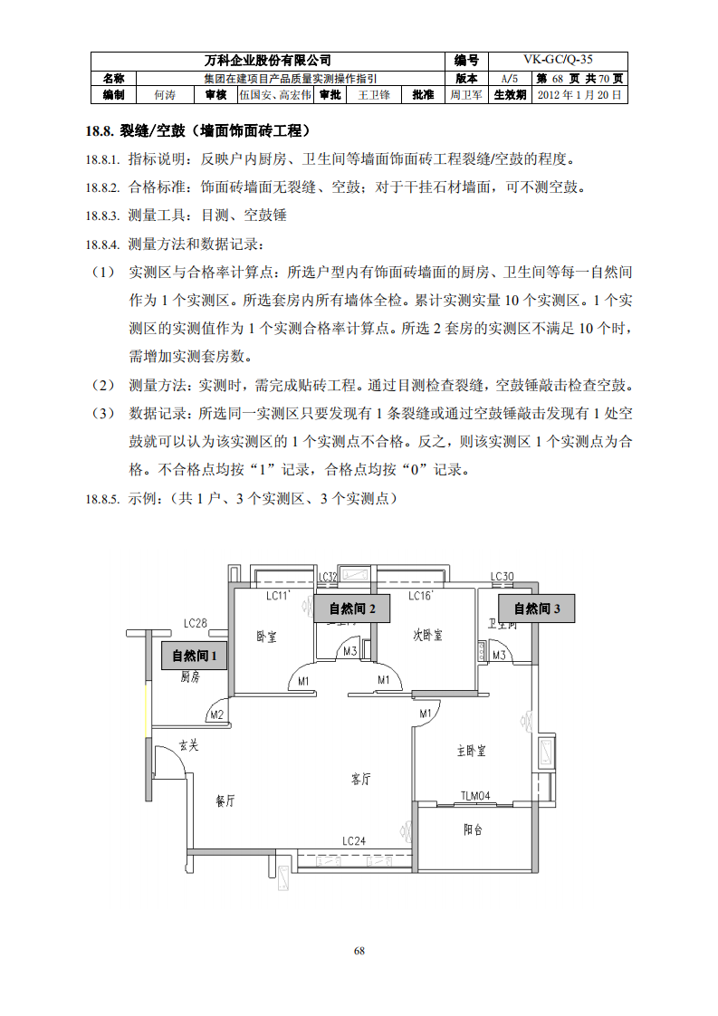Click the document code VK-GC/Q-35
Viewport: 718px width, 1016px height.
559,60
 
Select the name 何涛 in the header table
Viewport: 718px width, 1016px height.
164,94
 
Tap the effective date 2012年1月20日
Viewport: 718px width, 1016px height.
579,94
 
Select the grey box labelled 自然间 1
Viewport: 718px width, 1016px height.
195,656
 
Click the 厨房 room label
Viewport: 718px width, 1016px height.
189,676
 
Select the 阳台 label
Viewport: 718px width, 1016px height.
473,829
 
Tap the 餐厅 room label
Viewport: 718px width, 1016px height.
225,800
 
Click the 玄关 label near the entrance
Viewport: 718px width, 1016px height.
187,745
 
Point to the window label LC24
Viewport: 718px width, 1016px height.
354,841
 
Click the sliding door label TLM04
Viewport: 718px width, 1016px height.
474,796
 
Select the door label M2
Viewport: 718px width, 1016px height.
216,715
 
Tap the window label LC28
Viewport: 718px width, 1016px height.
196,623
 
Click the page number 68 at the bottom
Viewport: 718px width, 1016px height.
359,951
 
